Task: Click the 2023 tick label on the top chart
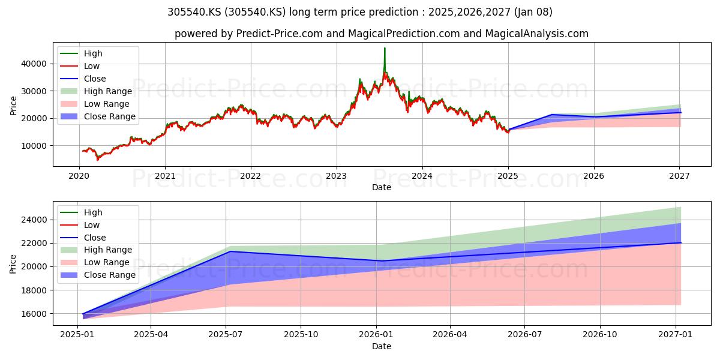(336, 176)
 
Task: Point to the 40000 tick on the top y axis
(34, 64)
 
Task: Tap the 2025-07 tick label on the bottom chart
(226, 335)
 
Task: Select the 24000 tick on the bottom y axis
(34, 220)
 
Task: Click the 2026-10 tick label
(600, 335)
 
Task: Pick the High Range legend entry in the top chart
(96, 91)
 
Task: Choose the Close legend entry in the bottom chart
(83, 238)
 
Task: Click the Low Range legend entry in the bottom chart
(95, 262)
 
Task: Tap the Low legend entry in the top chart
(80, 66)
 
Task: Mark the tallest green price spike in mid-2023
(385, 48)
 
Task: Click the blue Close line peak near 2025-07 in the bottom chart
(229, 251)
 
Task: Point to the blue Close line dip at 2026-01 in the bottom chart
(381, 261)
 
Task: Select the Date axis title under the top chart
(382, 187)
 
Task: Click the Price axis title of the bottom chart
(13, 264)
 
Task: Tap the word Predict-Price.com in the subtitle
(280, 34)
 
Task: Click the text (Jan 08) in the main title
(533, 12)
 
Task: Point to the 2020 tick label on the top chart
(79, 176)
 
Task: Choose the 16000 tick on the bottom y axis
(34, 314)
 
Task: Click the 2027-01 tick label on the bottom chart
(676, 335)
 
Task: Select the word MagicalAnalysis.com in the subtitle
(537, 34)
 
